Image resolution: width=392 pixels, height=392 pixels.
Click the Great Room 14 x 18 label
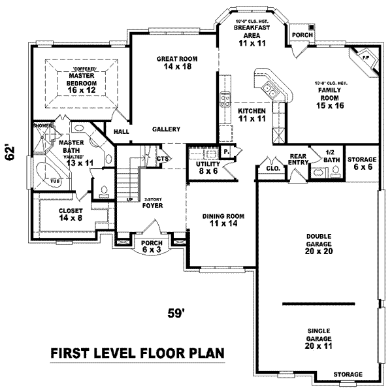[x=176, y=63]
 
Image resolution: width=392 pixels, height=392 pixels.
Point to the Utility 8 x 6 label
[x=208, y=167]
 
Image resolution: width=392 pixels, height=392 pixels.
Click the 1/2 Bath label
[x=331, y=156]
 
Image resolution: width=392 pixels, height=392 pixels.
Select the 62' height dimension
[x=10, y=152]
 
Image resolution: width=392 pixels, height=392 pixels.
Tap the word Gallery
[x=166, y=129]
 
